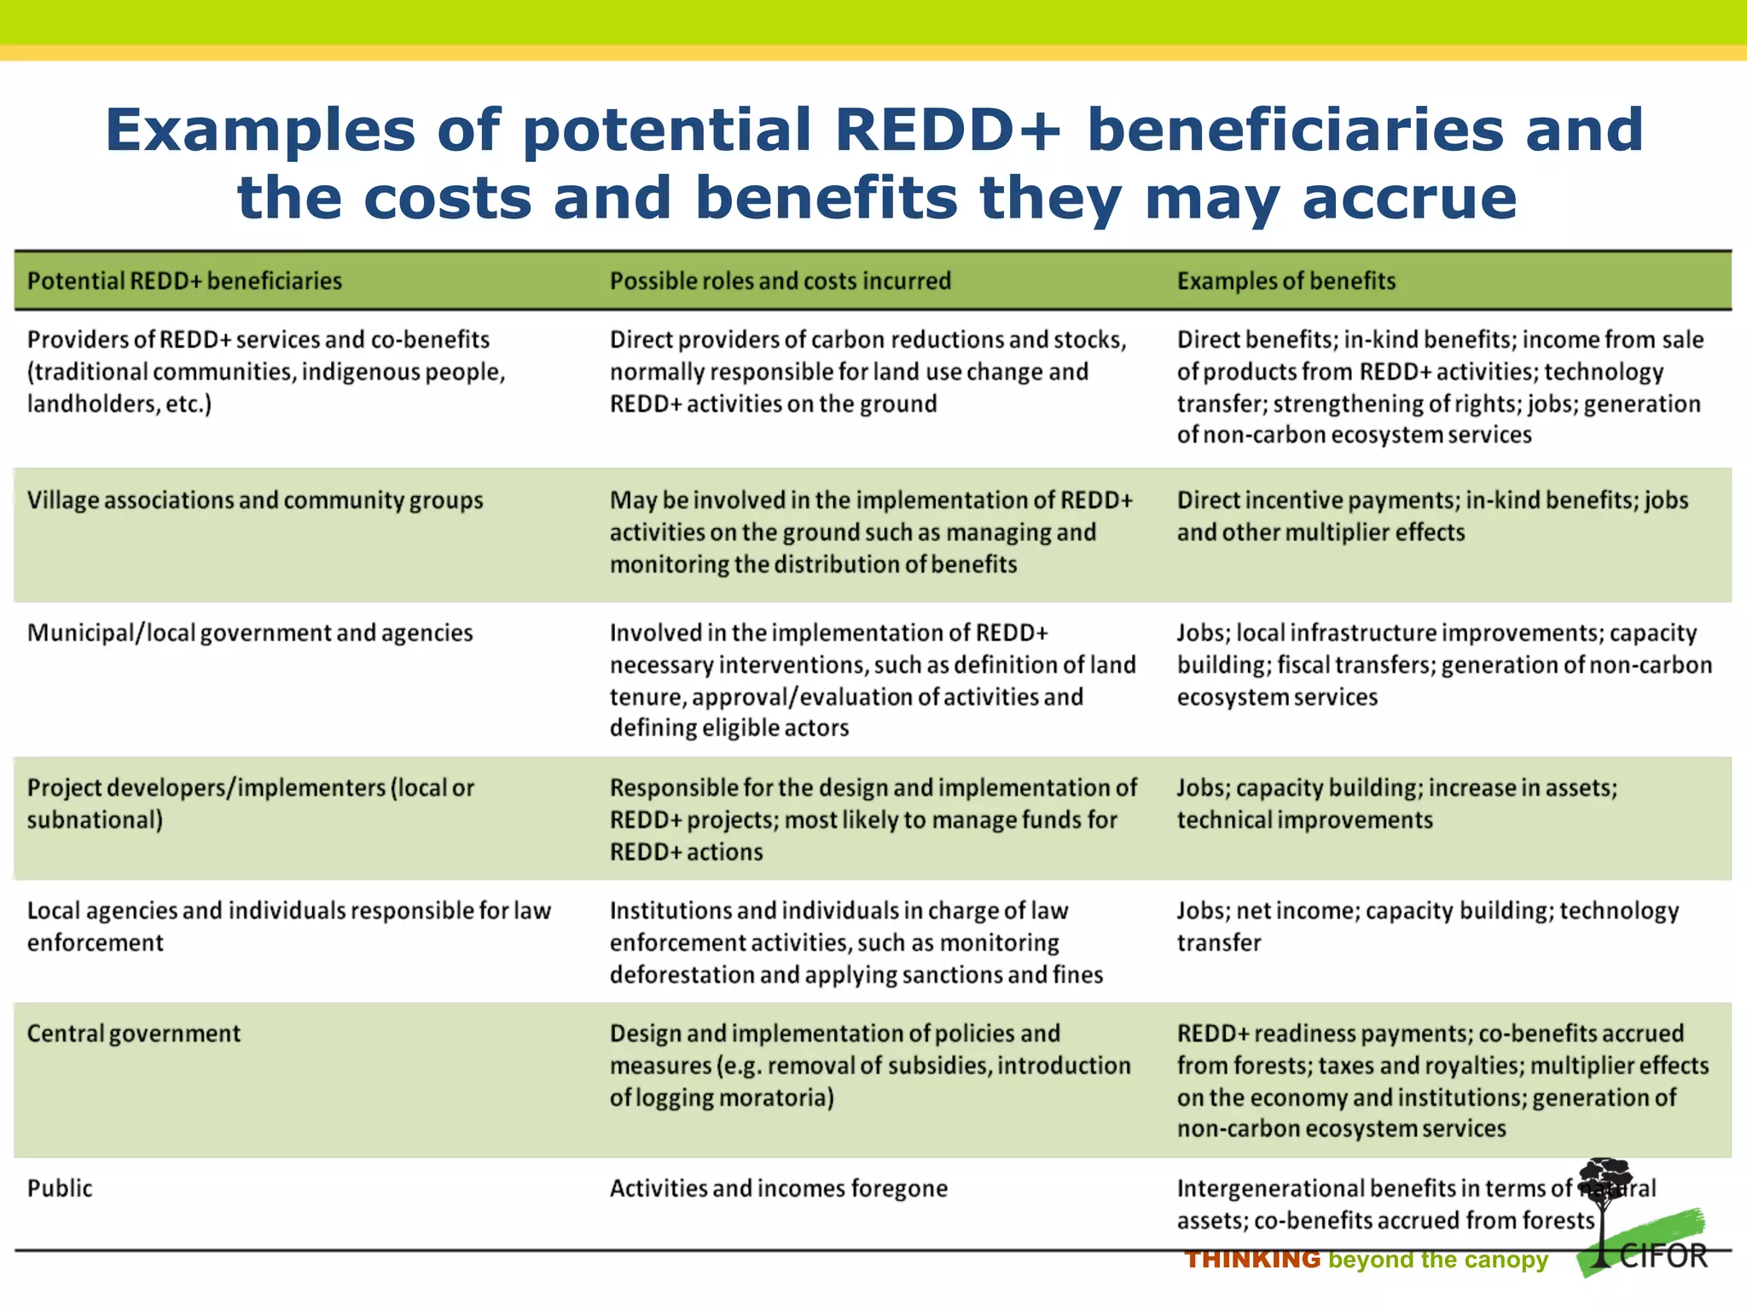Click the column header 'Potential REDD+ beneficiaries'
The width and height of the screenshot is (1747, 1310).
tap(184, 281)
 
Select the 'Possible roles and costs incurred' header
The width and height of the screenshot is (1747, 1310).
tap(780, 281)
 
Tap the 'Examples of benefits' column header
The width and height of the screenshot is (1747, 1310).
tap(1286, 281)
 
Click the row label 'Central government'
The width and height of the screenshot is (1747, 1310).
tap(134, 1033)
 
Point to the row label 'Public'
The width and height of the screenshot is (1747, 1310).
tap(60, 1188)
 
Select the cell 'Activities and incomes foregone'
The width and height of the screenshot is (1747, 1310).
tap(778, 1188)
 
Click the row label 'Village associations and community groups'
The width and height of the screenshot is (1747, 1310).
tap(255, 500)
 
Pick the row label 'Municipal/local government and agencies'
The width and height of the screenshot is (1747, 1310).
tap(250, 633)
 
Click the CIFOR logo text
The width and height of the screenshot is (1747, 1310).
tap(1663, 1256)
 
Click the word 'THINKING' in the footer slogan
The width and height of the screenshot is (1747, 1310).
tap(1252, 1260)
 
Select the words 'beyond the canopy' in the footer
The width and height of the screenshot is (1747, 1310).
tap(1437, 1260)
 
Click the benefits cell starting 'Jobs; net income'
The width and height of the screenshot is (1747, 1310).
tap(1427, 926)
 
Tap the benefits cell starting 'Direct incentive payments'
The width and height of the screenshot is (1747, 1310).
tap(1432, 516)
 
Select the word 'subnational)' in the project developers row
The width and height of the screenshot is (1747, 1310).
tap(95, 820)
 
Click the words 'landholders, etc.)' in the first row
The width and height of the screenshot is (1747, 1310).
tap(119, 403)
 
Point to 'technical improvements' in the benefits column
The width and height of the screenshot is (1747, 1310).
tap(1304, 820)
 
